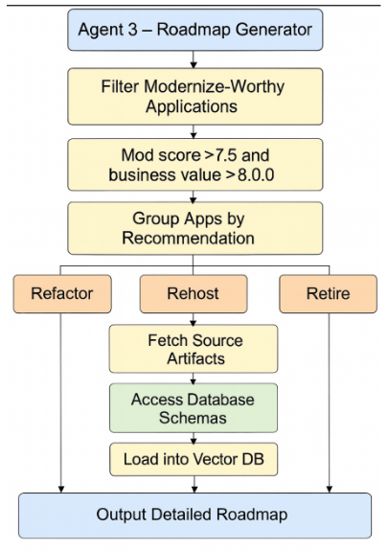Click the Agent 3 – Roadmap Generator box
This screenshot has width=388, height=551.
click(x=195, y=30)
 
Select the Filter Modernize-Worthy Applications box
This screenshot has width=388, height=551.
click(x=195, y=97)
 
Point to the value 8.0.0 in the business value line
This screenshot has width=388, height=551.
click(x=256, y=175)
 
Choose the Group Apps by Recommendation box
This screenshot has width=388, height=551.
click(x=195, y=228)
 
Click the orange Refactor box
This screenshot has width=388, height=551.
click(x=62, y=294)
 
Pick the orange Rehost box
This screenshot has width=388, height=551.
click(x=194, y=294)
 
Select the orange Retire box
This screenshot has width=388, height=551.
click(x=329, y=294)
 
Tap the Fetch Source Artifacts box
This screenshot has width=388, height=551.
click(x=194, y=349)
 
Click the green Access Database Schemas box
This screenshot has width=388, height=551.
click(x=194, y=408)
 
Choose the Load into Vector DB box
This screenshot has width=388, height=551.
click(x=194, y=459)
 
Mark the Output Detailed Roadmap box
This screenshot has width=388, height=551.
click(x=195, y=516)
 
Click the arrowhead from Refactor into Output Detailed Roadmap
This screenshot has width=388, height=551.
click(x=61, y=490)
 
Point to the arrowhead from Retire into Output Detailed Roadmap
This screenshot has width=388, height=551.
click(x=330, y=490)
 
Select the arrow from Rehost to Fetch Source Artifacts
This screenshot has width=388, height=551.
click(x=194, y=319)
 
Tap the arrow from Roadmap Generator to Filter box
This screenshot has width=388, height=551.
click(x=194, y=59)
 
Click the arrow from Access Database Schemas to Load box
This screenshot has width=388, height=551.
click(x=194, y=438)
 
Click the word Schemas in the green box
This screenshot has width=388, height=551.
click(x=193, y=418)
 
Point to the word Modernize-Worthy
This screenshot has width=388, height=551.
click(x=215, y=87)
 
